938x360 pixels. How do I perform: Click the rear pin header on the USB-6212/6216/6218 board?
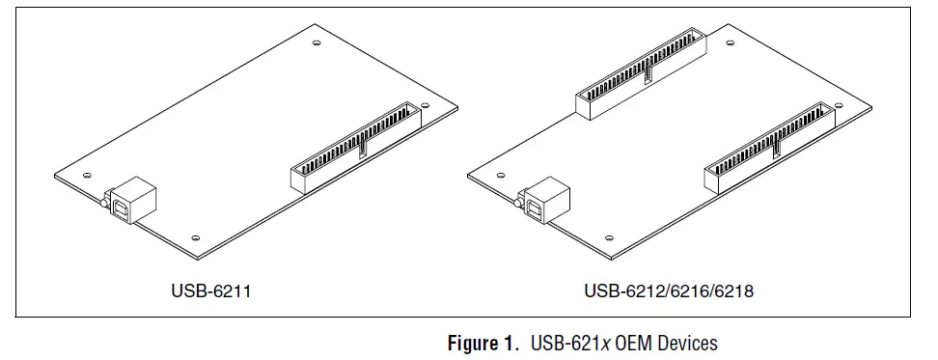[x=640, y=69]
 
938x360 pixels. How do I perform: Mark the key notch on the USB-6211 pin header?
[x=363, y=147]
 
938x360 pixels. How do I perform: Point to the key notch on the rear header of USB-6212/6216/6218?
[x=647, y=69]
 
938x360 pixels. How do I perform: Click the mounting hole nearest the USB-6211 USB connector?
[x=87, y=175]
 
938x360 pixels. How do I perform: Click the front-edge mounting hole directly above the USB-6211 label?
[x=196, y=236]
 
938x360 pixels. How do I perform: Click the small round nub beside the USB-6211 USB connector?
[x=100, y=203]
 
